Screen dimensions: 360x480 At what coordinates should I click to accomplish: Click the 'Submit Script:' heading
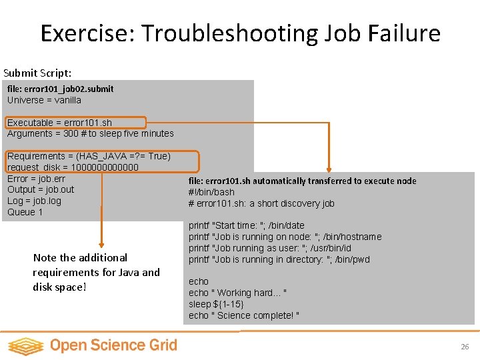[x=37, y=73]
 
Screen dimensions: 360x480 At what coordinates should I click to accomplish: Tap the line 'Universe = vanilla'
[x=44, y=100]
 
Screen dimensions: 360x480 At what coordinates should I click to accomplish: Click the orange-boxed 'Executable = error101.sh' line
[x=60, y=123]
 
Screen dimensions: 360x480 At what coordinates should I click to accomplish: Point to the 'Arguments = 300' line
[x=91, y=133]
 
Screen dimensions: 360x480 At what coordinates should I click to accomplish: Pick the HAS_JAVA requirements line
[x=89, y=156]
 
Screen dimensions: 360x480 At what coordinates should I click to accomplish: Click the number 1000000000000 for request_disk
[x=105, y=167]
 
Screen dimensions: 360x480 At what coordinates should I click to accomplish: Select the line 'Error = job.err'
[x=37, y=178]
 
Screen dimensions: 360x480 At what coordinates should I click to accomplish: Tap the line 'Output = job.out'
[x=41, y=189]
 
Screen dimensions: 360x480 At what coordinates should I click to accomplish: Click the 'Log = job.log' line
[x=34, y=201]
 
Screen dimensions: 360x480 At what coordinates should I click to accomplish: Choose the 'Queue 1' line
[x=25, y=212]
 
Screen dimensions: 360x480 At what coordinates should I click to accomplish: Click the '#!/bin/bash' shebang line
[x=211, y=192]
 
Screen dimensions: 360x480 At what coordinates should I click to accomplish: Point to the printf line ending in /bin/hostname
[x=285, y=237]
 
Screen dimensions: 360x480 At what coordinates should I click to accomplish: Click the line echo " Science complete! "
[x=244, y=315]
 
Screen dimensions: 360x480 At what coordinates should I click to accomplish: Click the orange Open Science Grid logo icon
[x=25, y=345]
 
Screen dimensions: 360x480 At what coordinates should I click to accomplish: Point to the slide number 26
[x=465, y=347]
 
